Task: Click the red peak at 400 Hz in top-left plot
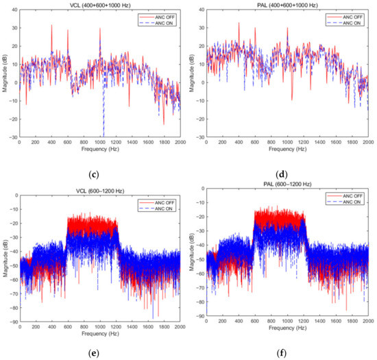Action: pos(51,26)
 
